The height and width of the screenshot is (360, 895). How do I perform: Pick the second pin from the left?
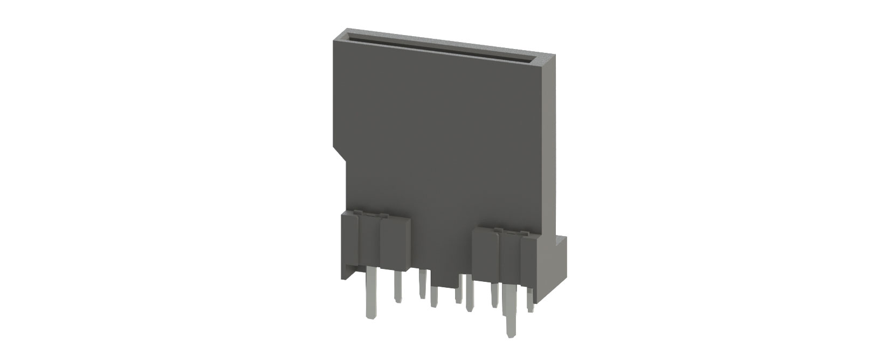point(398,286)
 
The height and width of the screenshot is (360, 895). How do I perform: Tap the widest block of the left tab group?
point(395,243)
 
